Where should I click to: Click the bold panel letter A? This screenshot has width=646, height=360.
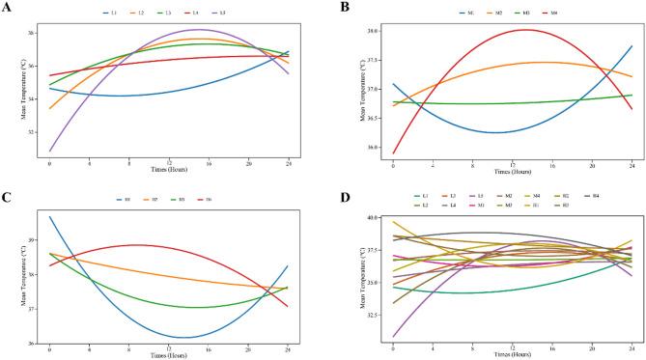coord(8,9)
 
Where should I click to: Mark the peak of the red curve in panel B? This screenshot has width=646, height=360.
coord(524,29)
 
